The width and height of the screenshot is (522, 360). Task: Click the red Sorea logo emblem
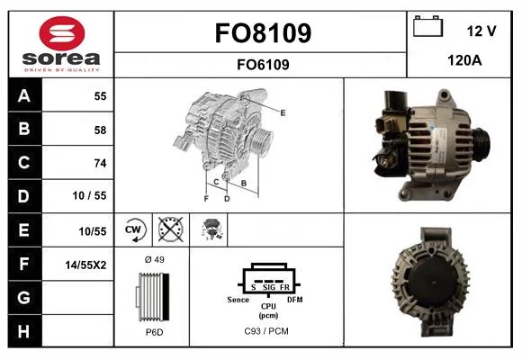pos(62,33)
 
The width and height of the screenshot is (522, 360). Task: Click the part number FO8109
pos(263,33)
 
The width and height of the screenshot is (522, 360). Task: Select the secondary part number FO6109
pos(263,65)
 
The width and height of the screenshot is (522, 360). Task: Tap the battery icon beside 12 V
pos(427,26)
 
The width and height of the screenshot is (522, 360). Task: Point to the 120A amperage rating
pos(464,60)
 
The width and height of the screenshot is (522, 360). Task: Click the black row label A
pos(24,95)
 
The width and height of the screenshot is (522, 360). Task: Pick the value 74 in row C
pos(100,163)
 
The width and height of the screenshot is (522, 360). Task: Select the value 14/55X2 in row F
pos(85,265)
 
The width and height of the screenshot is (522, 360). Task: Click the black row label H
pos(24,331)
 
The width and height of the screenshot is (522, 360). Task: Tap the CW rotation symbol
pos(133,229)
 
